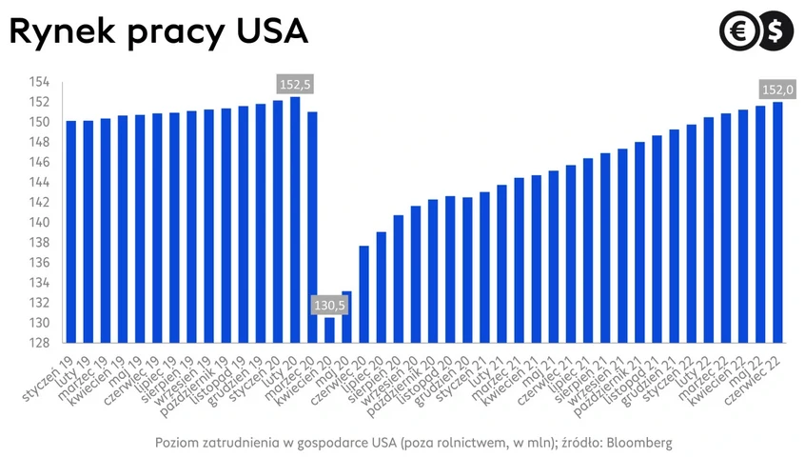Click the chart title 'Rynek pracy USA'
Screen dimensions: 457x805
tap(159, 32)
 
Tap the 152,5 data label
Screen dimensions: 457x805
tap(295, 85)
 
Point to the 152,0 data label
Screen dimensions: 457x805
tap(777, 89)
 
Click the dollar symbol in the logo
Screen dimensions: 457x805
tap(774, 31)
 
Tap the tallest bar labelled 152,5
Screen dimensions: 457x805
tap(295, 219)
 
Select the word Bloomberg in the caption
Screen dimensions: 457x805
tap(641, 443)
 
